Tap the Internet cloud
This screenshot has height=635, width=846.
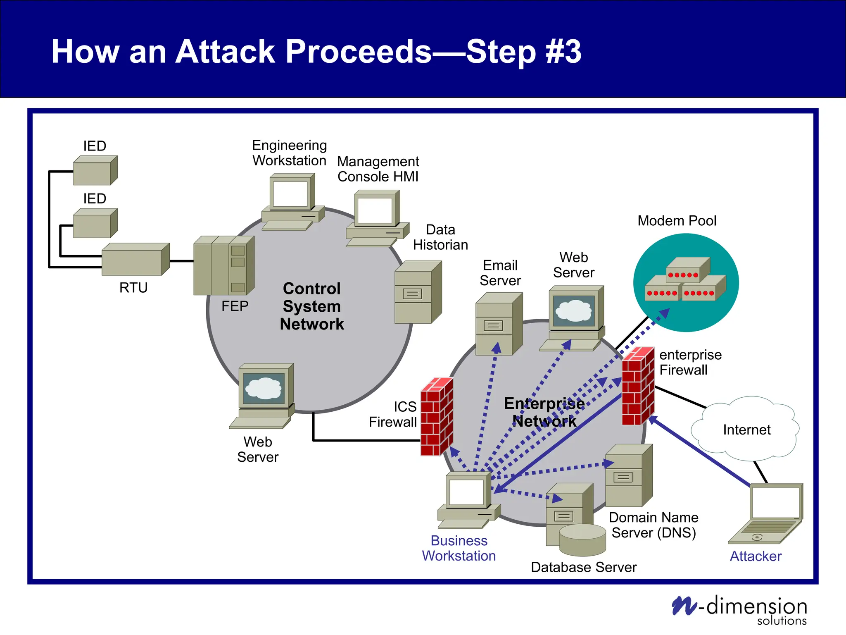(746, 429)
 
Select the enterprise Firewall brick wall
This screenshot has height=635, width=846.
(638, 386)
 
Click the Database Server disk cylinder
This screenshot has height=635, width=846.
(582, 540)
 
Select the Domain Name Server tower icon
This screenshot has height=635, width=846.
(628, 476)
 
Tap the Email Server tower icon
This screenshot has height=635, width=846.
(498, 324)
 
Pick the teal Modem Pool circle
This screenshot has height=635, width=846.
(686, 282)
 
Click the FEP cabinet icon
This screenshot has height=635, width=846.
(223, 266)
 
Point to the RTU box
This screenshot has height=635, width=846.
(135, 260)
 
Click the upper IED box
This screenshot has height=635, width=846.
(95, 170)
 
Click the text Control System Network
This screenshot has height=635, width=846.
(312, 306)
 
